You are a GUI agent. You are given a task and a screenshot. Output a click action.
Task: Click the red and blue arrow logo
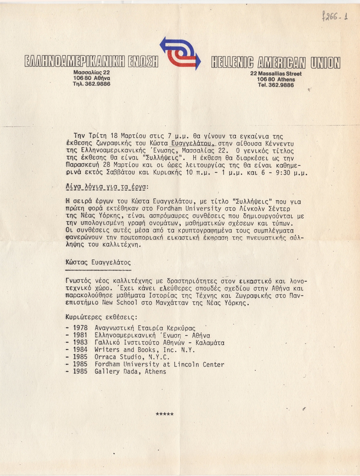[x=180, y=53]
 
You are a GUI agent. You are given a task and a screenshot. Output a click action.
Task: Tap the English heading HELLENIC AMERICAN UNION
[x=276, y=62]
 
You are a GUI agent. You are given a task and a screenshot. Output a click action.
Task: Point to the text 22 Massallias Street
[x=276, y=74]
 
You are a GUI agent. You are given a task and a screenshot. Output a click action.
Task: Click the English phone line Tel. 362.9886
[x=275, y=85]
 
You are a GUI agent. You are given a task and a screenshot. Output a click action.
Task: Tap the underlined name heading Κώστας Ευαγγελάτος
[x=98, y=263]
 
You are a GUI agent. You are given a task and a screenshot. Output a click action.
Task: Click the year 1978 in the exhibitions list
[x=82, y=328]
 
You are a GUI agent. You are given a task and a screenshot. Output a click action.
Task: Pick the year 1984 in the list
[x=82, y=350]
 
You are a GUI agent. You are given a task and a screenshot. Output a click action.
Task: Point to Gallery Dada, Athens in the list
[x=130, y=372]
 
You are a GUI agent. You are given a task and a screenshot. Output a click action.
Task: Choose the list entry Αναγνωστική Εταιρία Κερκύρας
[x=146, y=328]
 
